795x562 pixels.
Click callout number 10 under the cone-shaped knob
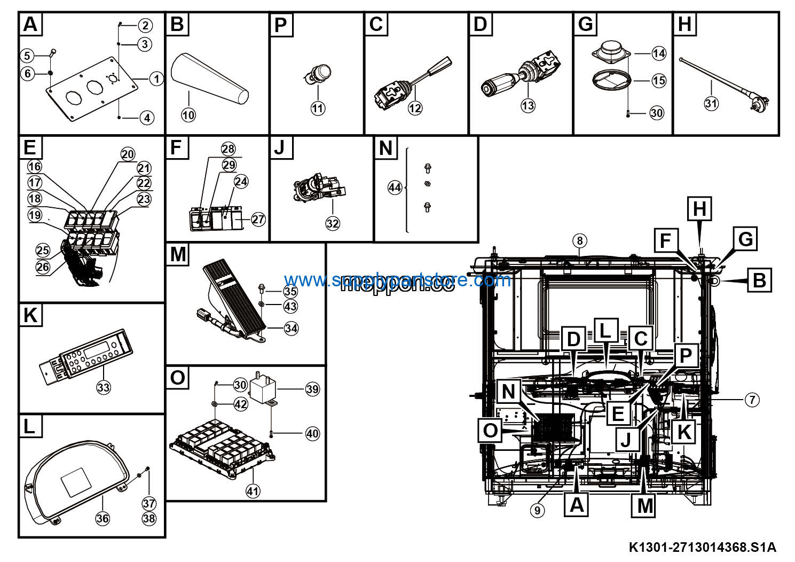[x=188, y=115]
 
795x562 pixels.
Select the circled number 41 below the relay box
[x=253, y=491]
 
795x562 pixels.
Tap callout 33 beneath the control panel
[x=104, y=387]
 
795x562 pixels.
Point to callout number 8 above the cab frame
[x=580, y=240]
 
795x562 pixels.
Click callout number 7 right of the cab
[x=752, y=400]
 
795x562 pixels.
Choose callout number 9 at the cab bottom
[x=538, y=510]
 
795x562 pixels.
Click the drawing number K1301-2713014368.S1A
[x=702, y=547]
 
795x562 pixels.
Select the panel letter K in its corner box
[x=30, y=315]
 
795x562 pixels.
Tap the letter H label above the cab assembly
[x=699, y=208]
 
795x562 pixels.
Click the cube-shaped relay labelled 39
[x=265, y=388]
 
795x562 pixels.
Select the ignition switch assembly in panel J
[x=318, y=189]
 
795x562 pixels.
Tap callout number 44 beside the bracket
[x=395, y=188]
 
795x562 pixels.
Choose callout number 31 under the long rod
[x=711, y=103]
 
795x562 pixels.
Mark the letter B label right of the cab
[x=759, y=280]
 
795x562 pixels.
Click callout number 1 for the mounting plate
[x=156, y=79]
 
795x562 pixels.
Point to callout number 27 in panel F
[x=258, y=219]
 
